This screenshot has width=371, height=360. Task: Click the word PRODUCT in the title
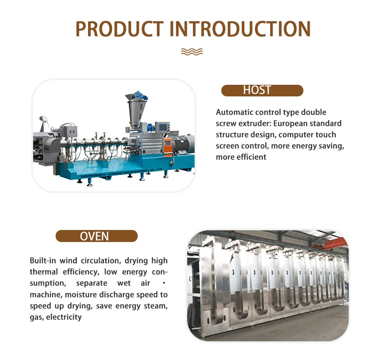pyautogui.click(x=119, y=29)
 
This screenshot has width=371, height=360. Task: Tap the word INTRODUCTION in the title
pyautogui.click(x=240, y=29)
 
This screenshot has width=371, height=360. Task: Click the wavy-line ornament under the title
pyautogui.click(x=192, y=52)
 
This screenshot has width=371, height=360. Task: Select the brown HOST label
pyautogui.click(x=262, y=90)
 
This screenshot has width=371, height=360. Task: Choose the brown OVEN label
pyautogui.click(x=96, y=236)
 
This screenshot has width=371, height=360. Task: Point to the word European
pyautogui.click(x=291, y=123)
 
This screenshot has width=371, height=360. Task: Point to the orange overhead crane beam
pyautogui.click(x=334, y=241)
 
